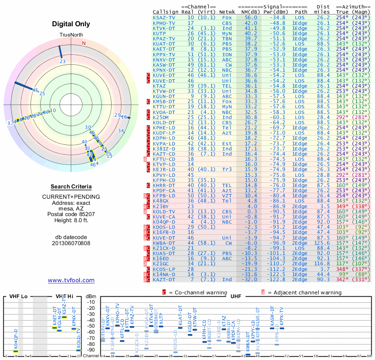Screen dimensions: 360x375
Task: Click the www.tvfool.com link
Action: click(71, 280)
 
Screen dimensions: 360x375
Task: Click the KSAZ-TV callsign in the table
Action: click(164, 17)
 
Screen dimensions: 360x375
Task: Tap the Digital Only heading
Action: click(71, 24)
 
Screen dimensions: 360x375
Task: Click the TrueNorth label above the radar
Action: click(70, 36)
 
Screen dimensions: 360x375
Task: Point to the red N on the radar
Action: click(84, 43)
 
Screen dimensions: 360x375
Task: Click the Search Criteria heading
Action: click(71, 187)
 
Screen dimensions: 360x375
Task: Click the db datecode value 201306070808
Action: click(71, 243)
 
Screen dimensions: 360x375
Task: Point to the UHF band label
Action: click(236, 296)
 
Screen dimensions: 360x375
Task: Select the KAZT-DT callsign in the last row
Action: click(164, 280)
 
